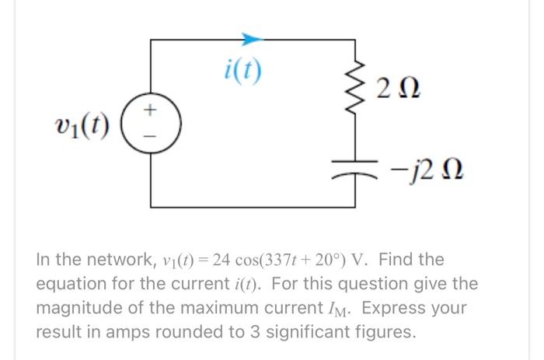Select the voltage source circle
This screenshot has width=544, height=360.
[x=152, y=124]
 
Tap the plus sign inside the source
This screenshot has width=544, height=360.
[x=152, y=114]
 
